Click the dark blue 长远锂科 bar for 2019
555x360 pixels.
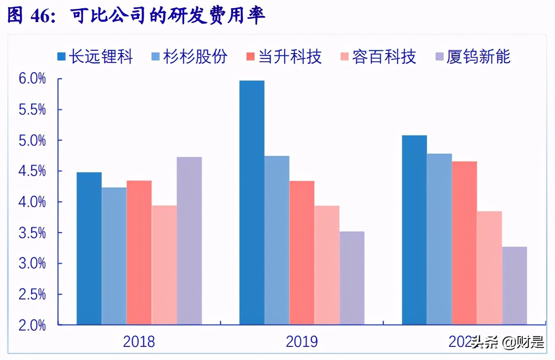pos(252,202)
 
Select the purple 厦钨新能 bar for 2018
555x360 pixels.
pos(189,241)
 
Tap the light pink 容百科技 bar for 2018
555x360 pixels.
pos(164,265)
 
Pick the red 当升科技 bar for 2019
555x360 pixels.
pos(302,253)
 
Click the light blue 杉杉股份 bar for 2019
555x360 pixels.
pos(277,240)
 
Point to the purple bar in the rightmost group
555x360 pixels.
pos(514,286)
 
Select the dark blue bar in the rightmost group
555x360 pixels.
pos(414,230)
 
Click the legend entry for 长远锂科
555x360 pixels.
pos(95,57)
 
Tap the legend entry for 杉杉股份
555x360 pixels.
pos(190,57)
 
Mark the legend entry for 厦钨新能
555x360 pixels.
pos(473,57)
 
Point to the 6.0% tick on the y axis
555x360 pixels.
pos(32,79)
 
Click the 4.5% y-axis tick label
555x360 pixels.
pos(32,171)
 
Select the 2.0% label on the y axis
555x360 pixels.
pos(32,325)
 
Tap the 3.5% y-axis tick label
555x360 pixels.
pos(32,233)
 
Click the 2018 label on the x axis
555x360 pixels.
pos(139,342)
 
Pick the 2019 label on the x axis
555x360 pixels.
pos(302,342)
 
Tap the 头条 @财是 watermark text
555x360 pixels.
pos(508,342)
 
